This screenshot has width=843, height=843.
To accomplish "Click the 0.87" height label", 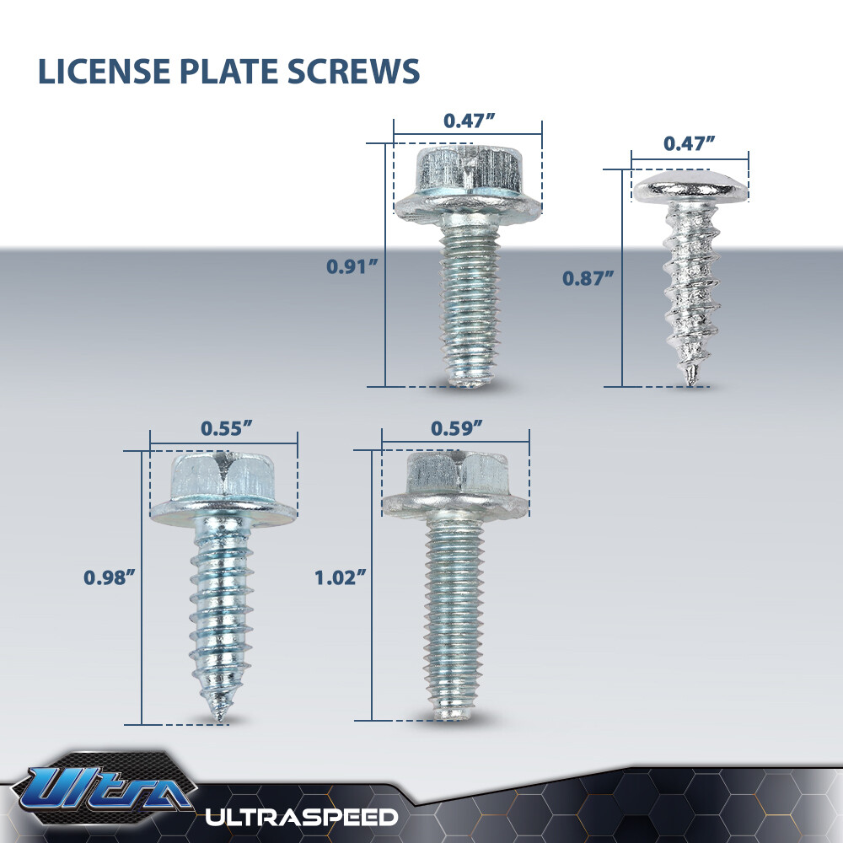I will (x=588, y=277).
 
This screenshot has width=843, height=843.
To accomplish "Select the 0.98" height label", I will (x=109, y=577).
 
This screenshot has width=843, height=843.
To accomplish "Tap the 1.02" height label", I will (x=341, y=577).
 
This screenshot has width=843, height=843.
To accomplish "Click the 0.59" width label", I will (x=456, y=427).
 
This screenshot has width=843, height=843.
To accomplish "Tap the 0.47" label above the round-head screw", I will (x=689, y=143).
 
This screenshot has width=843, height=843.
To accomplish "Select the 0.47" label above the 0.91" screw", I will (x=469, y=121).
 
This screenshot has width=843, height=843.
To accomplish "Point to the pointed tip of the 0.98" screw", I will (x=221, y=717).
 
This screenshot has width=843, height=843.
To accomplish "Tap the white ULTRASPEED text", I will (x=302, y=816).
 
